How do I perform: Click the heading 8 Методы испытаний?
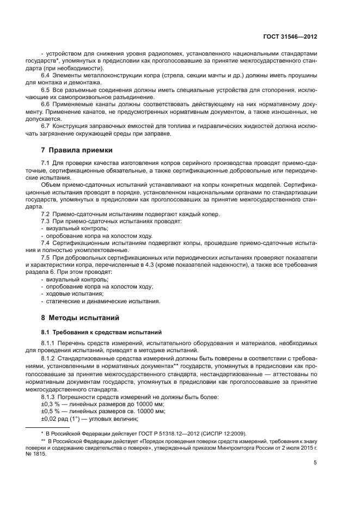coord(76,317)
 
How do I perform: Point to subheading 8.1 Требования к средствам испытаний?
coord(94,332)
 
